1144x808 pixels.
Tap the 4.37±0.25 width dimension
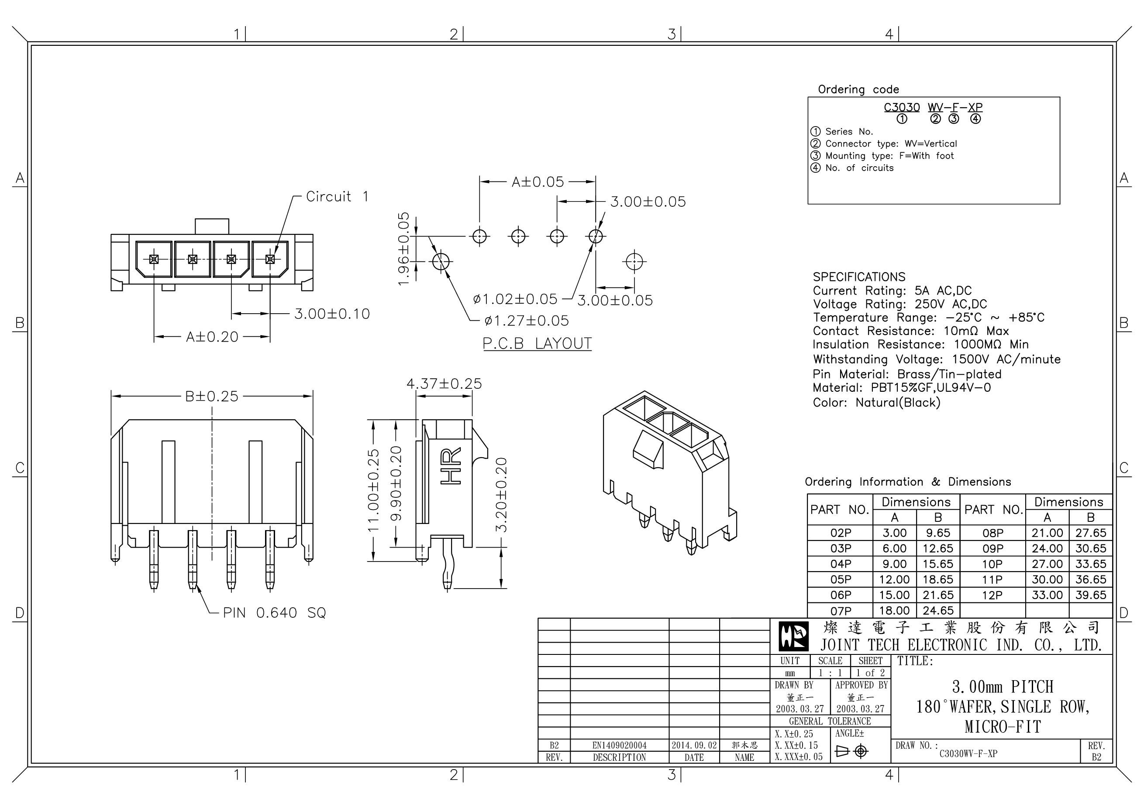(444, 384)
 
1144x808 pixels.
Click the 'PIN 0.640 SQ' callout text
(274, 613)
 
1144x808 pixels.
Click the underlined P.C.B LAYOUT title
(537, 343)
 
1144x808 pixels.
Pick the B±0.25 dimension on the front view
(212, 396)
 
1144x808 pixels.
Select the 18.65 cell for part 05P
(938, 579)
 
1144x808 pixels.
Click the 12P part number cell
(992, 595)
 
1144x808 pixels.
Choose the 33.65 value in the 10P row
(1090, 564)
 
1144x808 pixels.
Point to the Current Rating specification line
(892, 291)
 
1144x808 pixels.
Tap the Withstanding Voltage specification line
(936, 359)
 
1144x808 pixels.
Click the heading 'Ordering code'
(858, 89)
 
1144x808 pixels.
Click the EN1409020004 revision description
(619, 745)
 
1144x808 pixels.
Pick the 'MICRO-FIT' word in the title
(1003, 727)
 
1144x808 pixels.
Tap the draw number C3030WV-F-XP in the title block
(968, 754)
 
